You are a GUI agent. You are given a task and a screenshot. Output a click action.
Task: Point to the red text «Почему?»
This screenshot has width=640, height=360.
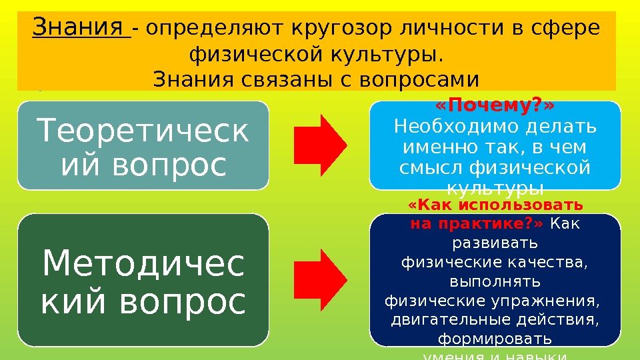[495, 107]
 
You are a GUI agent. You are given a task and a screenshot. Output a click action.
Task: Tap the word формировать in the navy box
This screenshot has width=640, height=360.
[495, 339]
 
